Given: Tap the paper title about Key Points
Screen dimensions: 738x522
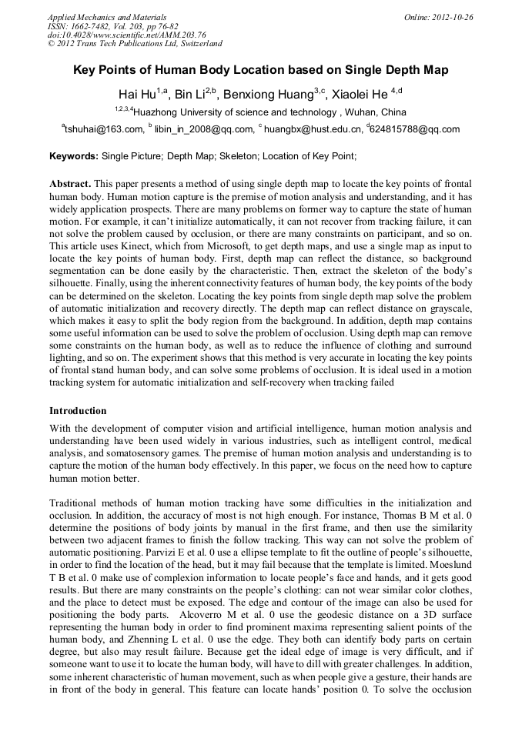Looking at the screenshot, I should coord(260,70).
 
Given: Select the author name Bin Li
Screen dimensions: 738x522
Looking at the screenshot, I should coord(193,95).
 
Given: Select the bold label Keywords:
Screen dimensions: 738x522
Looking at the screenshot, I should coord(73,155).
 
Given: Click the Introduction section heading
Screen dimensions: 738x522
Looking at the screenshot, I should coord(78,411).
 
